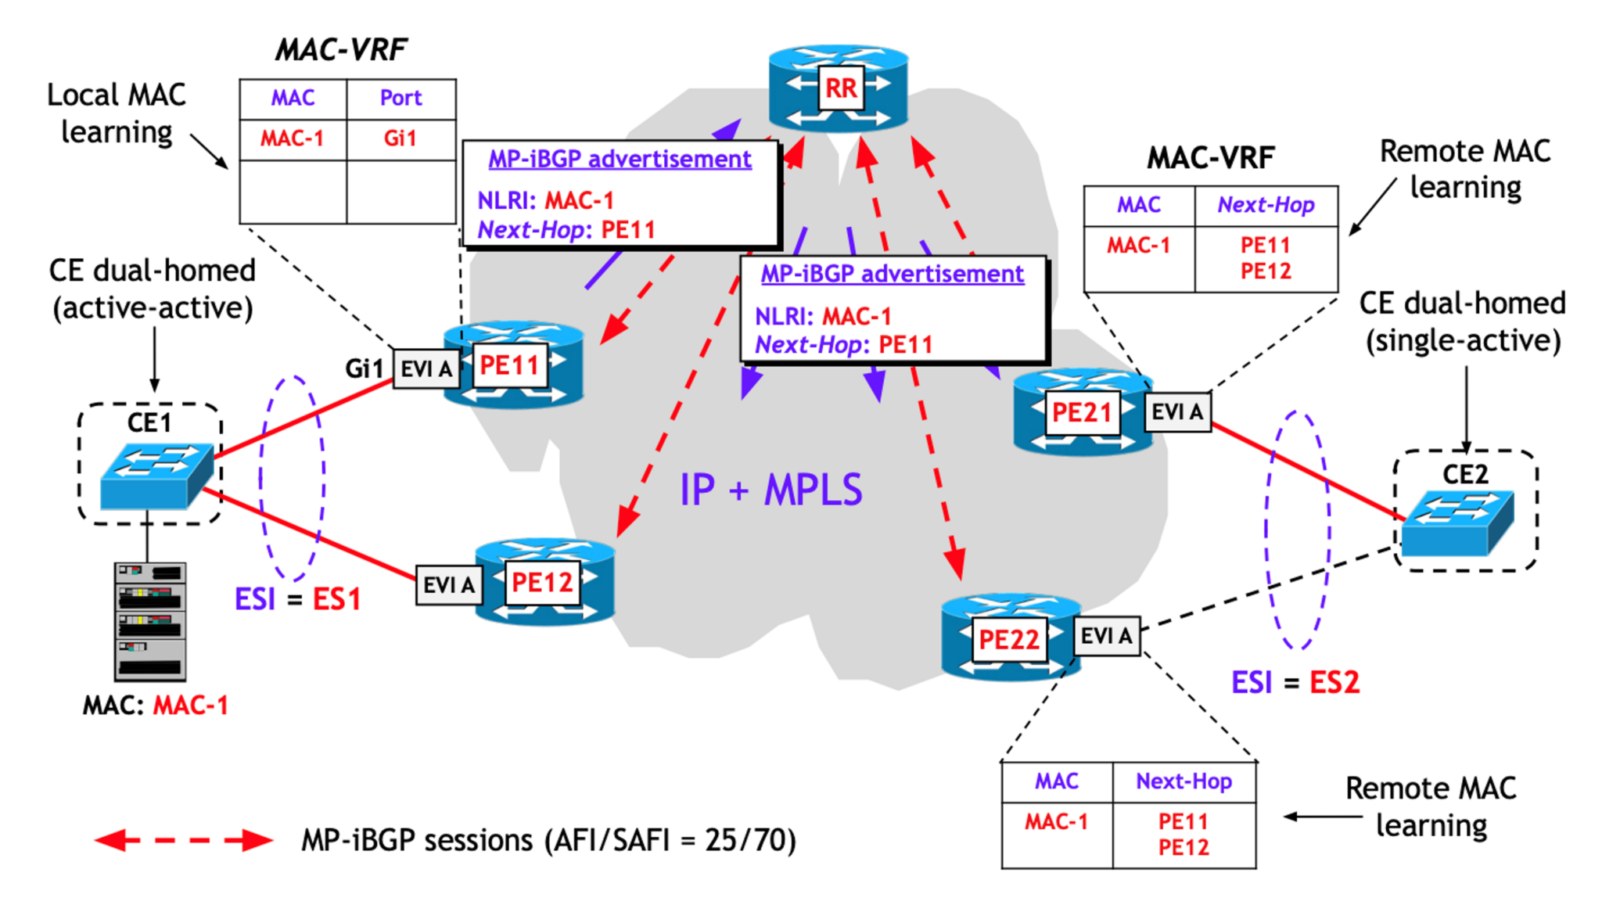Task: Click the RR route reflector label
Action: [x=841, y=88]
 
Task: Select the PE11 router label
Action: [x=509, y=365]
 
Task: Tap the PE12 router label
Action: [x=542, y=583]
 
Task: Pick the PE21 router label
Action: [x=1081, y=412]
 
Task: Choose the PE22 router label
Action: [x=1008, y=640]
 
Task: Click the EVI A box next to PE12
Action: [x=448, y=585]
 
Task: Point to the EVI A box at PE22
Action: [x=1106, y=636]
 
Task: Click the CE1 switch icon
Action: [x=156, y=476]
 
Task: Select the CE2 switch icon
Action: [x=1457, y=523]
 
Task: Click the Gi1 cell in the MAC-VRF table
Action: [x=400, y=139]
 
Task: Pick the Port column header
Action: [x=400, y=99]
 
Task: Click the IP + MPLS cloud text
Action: [x=770, y=490]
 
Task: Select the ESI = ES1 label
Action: [x=297, y=599]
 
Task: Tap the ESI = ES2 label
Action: [x=1295, y=682]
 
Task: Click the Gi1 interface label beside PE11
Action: [x=364, y=368]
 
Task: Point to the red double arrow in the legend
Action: [x=184, y=841]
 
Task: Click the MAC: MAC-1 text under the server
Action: [x=155, y=706]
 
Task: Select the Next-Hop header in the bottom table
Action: [x=1184, y=781]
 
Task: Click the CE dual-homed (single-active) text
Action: [x=1462, y=321]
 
